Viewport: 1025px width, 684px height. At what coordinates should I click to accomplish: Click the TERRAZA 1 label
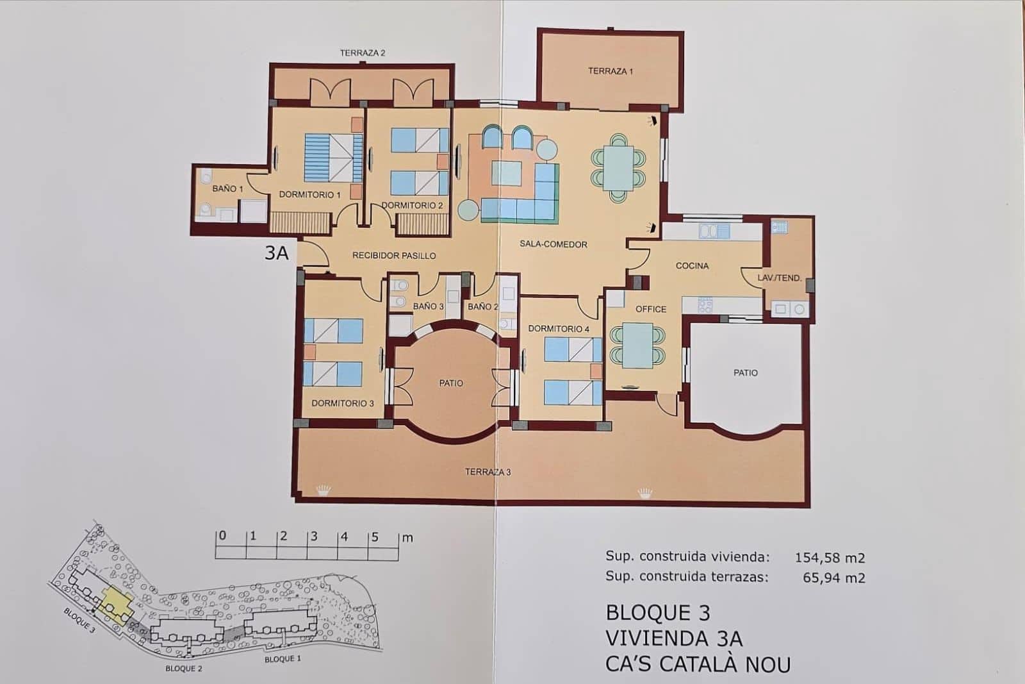[x=610, y=71]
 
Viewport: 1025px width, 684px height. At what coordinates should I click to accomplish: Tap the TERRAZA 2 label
[x=363, y=53]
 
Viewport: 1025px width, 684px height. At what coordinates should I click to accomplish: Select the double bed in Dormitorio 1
[x=331, y=158]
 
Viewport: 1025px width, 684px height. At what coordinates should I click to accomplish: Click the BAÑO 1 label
[x=227, y=189]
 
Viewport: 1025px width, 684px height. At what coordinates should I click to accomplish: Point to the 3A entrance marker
[x=277, y=253]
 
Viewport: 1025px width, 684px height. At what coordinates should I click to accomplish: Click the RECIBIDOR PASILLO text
[x=394, y=256]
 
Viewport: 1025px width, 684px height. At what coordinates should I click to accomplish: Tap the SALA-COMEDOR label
[x=553, y=244]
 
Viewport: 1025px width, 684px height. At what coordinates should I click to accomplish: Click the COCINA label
[x=692, y=265]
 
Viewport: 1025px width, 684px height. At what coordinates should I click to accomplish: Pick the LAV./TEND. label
[x=779, y=278]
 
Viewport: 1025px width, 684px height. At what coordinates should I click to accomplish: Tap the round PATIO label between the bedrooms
[x=451, y=383]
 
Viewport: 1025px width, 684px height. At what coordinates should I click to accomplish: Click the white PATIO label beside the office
[x=745, y=372]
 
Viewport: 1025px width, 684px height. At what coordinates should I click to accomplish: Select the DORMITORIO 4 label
[x=559, y=329]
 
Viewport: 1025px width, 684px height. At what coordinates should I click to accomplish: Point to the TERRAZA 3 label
[x=488, y=472]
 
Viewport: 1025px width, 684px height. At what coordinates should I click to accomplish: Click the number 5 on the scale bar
[x=375, y=537]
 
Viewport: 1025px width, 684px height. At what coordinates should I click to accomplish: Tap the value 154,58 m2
[x=830, y=558]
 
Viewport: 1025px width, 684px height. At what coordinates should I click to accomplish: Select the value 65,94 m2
[x=833, y=578]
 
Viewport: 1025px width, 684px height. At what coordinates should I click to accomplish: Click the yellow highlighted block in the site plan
[x=116, y=603]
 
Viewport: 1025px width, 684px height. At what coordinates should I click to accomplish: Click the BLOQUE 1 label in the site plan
[x=283, y=659]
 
